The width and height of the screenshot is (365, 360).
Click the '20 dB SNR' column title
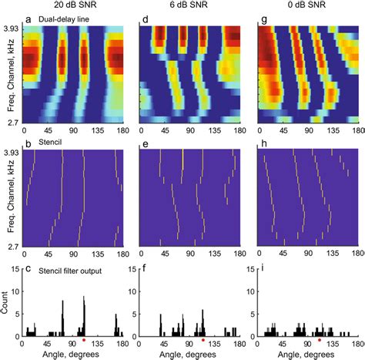pyautogui.click(x=71, y=6)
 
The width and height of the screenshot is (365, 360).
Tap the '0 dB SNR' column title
pyautogui.click(x=306, y=6)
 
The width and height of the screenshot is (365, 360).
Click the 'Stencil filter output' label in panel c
pyautogui.click(x=65, y=267)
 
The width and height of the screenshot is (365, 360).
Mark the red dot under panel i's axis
pyautogui.click(x=320, y=340)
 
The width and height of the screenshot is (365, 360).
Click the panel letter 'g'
pyautogui.click(x=263, y=18)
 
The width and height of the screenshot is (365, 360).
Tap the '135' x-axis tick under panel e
pyautogui.click(x=216, y=252)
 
